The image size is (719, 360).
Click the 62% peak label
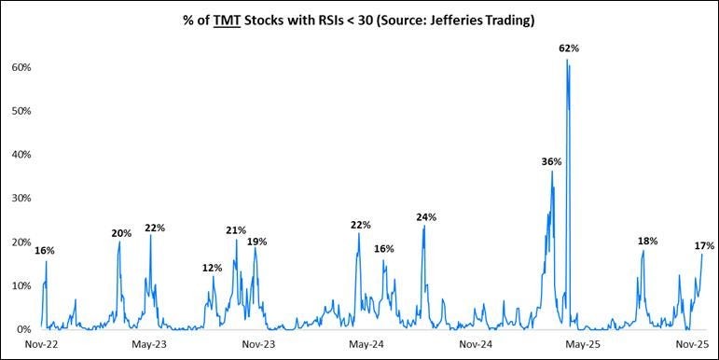point(569,47)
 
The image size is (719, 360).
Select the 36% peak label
point(551,161)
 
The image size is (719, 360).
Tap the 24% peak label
point(426,217)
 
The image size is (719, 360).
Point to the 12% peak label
point(212,268)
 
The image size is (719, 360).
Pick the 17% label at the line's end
point(704,245)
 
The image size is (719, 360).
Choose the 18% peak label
point(647,241)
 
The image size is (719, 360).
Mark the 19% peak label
point(257,241)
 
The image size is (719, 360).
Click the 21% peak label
point(235,229)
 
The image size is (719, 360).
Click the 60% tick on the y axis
point(22,67)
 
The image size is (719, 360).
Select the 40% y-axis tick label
point(22,155)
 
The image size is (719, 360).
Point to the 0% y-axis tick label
point(25,329)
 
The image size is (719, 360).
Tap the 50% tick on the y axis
point(22,111)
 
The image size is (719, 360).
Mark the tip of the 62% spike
point(566,60)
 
